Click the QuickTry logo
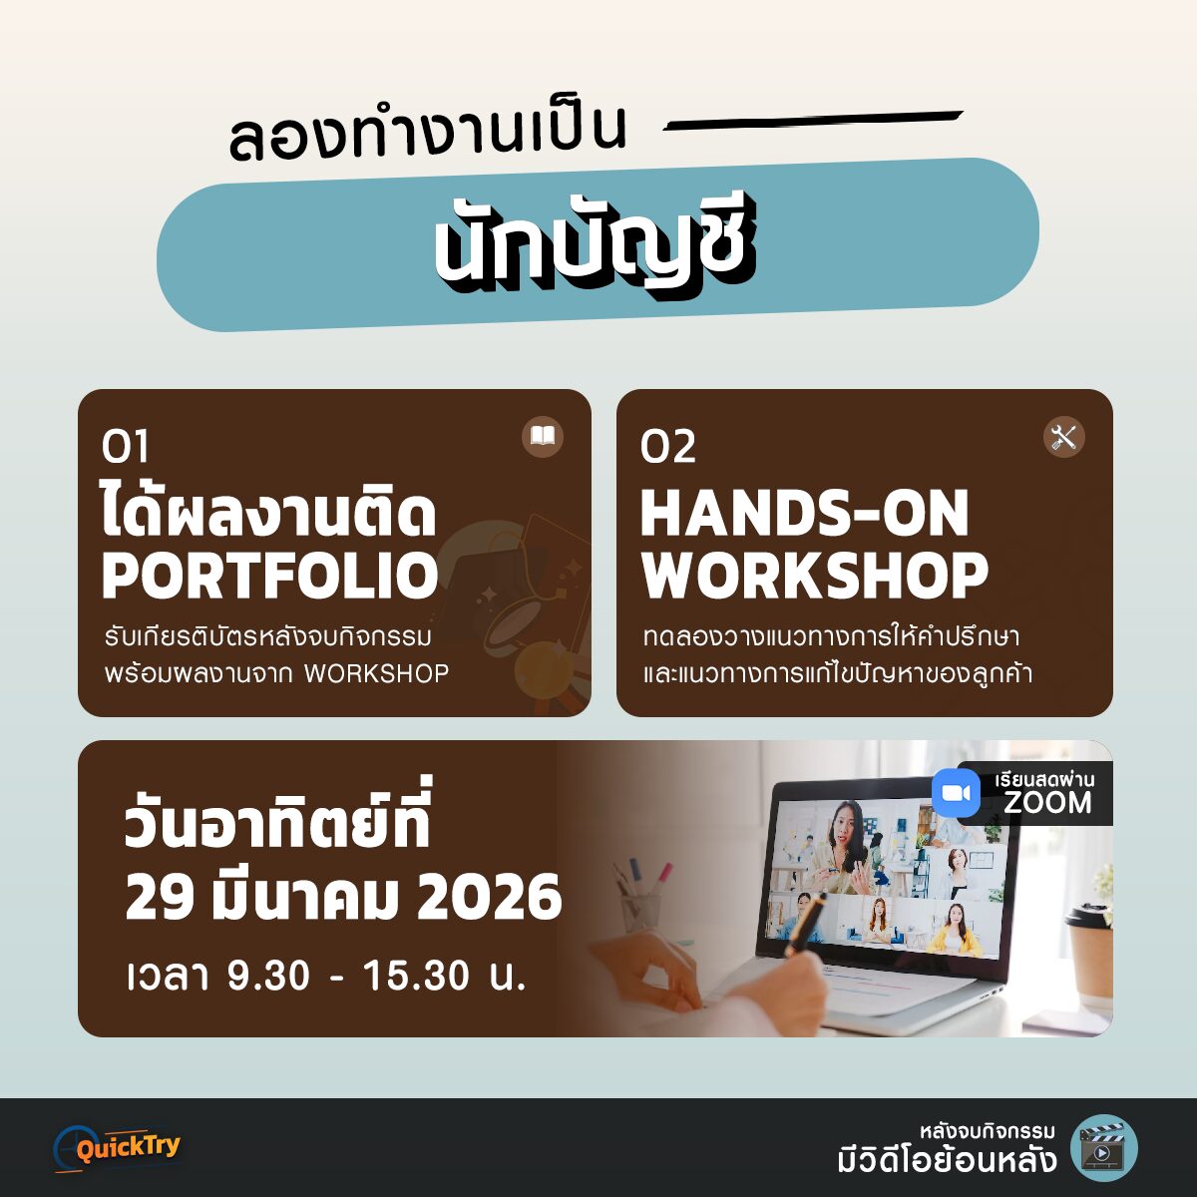coord(118,1148)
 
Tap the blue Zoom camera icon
coord(956,793)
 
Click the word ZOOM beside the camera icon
coord(1047,803)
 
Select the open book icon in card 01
coord(543,437)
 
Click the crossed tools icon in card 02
coord(1063,437)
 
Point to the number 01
coord(125,446)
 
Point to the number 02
coord(667,446)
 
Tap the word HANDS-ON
coord(804,513)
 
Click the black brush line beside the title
coord(813,121)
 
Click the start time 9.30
coord(268,977)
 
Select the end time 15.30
coord(416,977)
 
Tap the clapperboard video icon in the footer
coord(1104,1148)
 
